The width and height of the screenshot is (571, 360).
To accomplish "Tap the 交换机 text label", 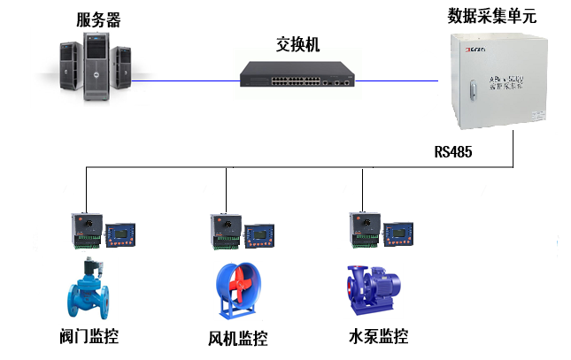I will tap(298, 44).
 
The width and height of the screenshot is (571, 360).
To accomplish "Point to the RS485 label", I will tap(453, 151).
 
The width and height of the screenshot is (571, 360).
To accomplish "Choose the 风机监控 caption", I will tap(237, 338).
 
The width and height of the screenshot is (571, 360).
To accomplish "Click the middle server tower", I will tap(99, 64).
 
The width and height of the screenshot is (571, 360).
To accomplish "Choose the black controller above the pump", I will tap(363, 228).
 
